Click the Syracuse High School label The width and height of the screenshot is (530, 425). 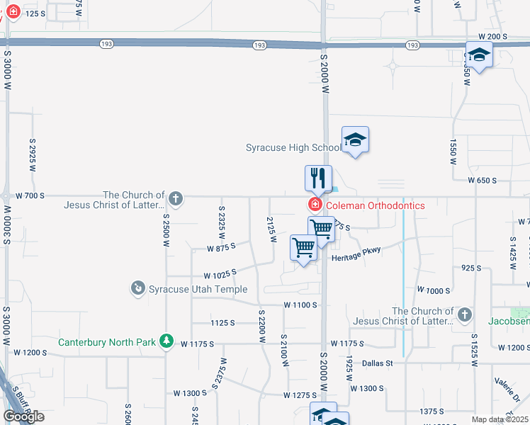pos(293,148)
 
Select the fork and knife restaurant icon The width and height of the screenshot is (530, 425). pos(318,178)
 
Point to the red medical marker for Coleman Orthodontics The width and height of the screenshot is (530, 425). pos(314,205)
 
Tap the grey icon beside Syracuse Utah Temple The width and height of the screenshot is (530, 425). pos(137,288)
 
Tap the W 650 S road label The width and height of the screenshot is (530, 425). pos(481,181)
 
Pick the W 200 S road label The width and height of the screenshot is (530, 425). pos(493,36)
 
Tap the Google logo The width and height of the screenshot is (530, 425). pos(23,416)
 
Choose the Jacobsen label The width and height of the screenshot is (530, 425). pos(509,320)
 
